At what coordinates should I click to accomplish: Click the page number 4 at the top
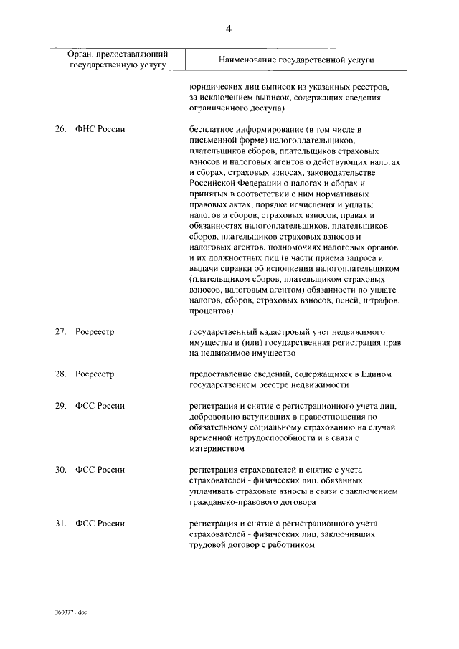point(229,29)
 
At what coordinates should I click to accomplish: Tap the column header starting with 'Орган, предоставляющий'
point(118,59)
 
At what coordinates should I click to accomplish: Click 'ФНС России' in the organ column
point(100,129)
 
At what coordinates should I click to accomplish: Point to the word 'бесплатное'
point(212,129)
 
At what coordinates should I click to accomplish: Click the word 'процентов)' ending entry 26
point(212,312)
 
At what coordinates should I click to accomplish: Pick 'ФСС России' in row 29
point(100,406)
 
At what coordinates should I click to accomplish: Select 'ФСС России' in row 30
point(100,470)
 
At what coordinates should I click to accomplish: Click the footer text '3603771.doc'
point(70,614)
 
